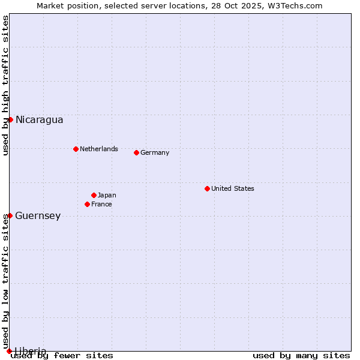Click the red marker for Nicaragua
point(10,119)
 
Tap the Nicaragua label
point(39,120)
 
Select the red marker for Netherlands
point(76,149)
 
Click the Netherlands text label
point(98,149)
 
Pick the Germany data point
point(136,152)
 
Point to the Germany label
point(155,152)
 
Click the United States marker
point(207,188)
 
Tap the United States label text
point(232,188)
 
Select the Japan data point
point(94,195)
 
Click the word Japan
point(107,195)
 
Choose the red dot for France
point(87,204)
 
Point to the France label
point(101,204)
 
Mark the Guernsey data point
point(10,215)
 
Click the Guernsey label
point(38,216)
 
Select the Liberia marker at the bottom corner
point(9,351)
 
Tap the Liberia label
point(31,351)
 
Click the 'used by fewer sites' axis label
point(62,356)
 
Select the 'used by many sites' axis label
point(301,356)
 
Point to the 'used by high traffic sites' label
point(6,85)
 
